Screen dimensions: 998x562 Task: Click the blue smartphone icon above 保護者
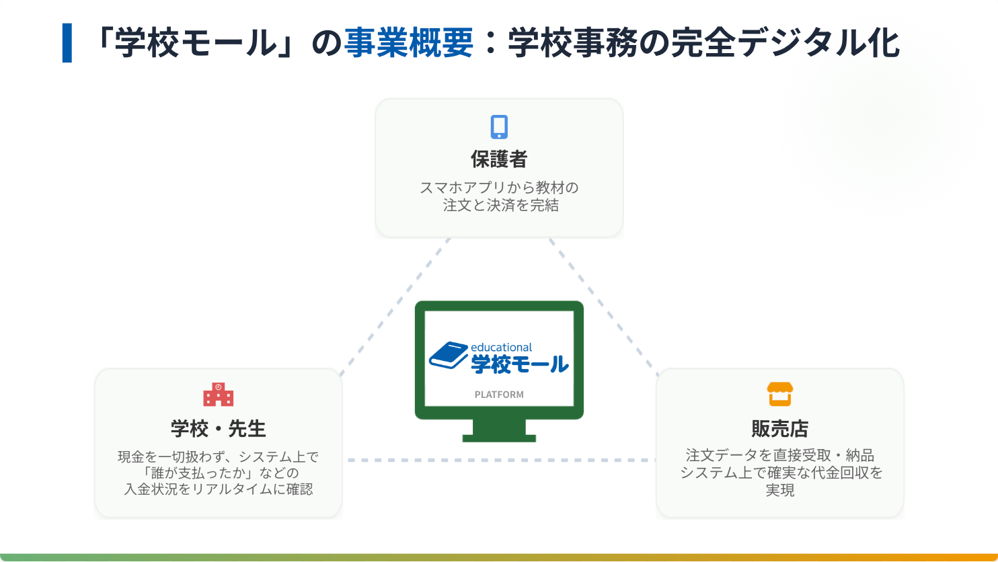pyautogui.click(x=499, y=127)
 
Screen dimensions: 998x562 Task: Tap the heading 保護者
pyautogui.click(x=499, y=159)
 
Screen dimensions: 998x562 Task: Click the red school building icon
pyautogui.click(x=219, y=394)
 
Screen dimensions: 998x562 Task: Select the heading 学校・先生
pyautogui.click(x=219, y=428)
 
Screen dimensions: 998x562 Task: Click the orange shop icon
pyautogui.click(x=779, y=394)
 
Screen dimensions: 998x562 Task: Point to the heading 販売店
pyautogui.click(x=779, y=428)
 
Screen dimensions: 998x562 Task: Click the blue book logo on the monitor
pyautogui.click(x=449, y=356)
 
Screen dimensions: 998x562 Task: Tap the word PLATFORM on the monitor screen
pyautogui.click(x=499, y=395)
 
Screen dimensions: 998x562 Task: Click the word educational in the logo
pyautogui.click(x=501, y=348)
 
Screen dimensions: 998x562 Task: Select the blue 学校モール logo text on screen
pyautogui.click(x=520, y=364)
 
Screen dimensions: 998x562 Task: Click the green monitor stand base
pyautogui.click(x=499, y=439)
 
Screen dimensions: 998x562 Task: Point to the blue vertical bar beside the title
pyautogui.click(x=67, y=43)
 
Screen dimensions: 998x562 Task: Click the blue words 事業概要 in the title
pyautogui.click(x=409, y=43)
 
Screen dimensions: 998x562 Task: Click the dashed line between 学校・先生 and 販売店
pyautogui.click(x=502, y=460)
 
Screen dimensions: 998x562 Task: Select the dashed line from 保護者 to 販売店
pyautogui.click(x=604, y=307)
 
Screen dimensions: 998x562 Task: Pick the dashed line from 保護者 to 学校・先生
pyautogui.click(x=395, y=307)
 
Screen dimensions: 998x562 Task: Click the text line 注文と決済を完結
pyautogui.click(x=500, y=205)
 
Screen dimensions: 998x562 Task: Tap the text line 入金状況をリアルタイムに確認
pyautogui.click(x=219, y=489)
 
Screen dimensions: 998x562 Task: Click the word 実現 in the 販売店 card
pyautogui.click(x=779, y=490)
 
